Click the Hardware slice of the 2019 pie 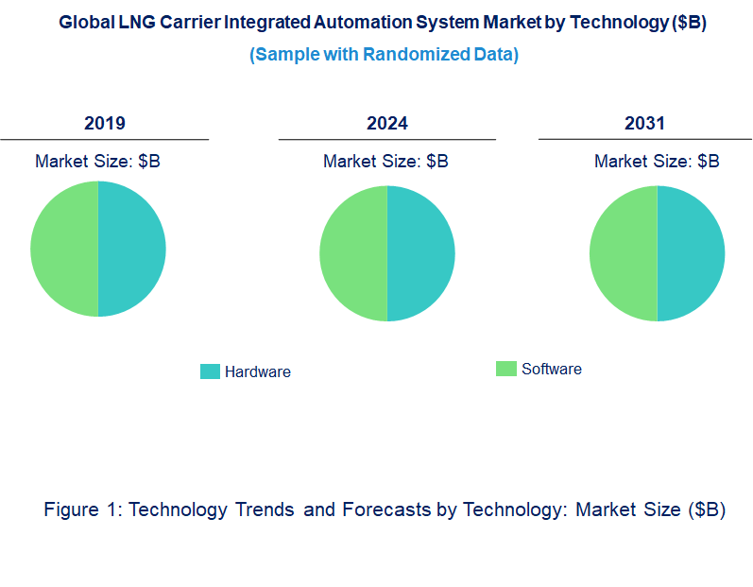(131, 249)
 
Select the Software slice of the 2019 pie (64, 249)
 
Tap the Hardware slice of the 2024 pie (420, 253)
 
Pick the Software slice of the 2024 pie (353, 253)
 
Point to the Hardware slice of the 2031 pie (691, 253)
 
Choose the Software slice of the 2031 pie (624, 253)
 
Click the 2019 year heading (105, 124)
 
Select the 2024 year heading (387, 124)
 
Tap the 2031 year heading (644, 124)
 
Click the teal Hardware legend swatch (210, 371)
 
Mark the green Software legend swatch (506, 369)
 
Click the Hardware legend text (258, 372)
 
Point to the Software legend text (552, 370)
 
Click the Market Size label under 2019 (97, 162)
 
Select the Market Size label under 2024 (385, 162)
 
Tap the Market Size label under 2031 (657, 162)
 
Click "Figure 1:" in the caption (84, 509)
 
